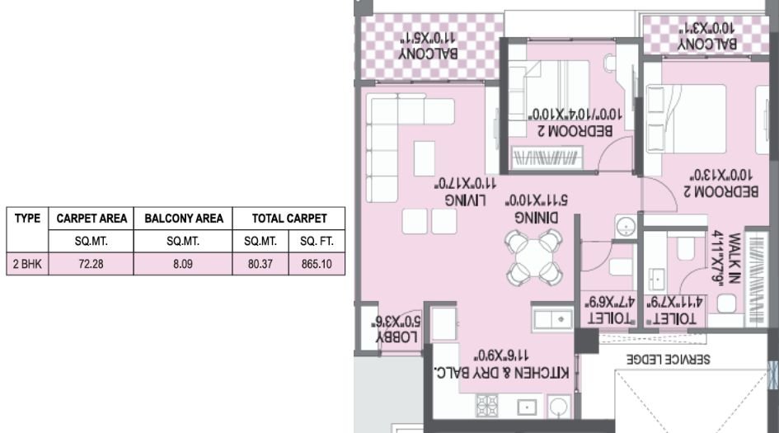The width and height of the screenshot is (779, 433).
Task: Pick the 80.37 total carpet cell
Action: (x=260, y=265)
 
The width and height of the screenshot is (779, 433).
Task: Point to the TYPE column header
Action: (x=27, y=219)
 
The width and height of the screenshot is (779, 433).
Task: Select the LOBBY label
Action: (x=399, y=337)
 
